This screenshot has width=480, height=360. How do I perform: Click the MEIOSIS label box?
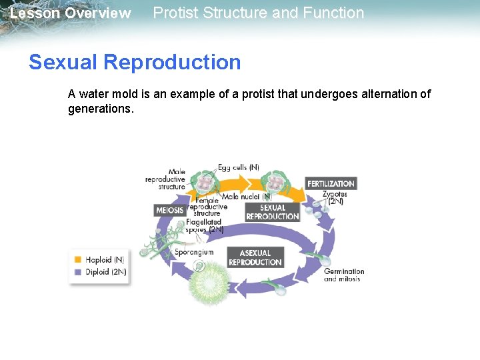pos(169,211)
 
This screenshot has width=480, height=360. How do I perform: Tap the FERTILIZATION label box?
pos(331,183)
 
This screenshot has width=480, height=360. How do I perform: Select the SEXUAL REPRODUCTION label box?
pos(272,212)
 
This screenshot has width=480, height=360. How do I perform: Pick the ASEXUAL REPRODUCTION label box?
pos(255,257)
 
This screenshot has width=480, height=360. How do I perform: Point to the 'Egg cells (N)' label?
pos(238,167)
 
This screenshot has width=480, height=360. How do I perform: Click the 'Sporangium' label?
pos(194,253)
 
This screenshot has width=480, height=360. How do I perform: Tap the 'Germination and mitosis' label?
pos(344,275)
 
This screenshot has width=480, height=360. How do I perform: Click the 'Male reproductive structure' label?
pos(165,179)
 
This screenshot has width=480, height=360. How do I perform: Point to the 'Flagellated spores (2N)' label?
pos(205,225)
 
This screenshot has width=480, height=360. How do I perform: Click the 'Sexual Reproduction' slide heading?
pos(135,62)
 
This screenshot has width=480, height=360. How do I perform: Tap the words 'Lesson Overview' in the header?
pos(70,13)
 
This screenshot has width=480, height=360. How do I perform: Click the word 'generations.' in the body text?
pos(101,108)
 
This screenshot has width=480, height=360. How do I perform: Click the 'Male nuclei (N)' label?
pos(246,197)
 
